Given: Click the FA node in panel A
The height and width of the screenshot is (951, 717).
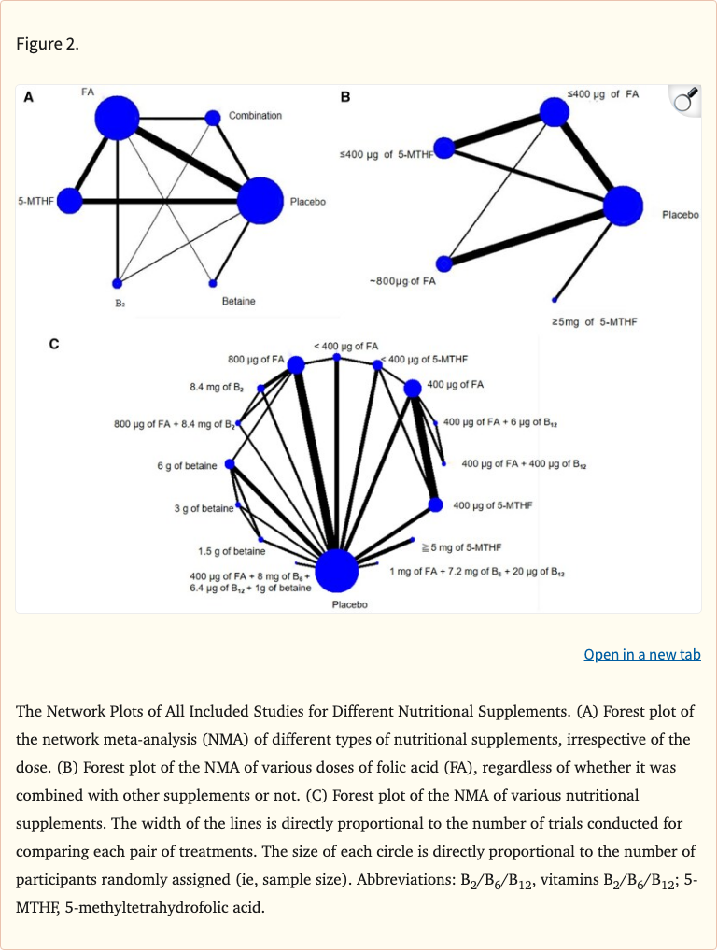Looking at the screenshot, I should point(117,118).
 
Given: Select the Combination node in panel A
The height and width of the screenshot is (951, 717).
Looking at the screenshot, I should point(213,117).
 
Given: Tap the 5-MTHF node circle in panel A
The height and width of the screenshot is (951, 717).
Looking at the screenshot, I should point(70,200).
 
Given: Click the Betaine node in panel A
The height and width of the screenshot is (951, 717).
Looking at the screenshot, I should point(213,282).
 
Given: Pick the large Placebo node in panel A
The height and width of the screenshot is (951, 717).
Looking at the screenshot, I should point(260,201).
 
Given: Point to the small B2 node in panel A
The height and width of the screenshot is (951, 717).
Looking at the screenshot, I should point(117,283).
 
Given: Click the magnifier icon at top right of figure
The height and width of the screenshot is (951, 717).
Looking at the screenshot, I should point(685,101).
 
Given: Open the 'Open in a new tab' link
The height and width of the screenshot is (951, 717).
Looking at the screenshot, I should point(641,654).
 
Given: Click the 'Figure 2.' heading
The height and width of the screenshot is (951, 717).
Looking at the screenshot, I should point(47,44).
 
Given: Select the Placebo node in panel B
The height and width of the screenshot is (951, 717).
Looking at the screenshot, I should point(624,206).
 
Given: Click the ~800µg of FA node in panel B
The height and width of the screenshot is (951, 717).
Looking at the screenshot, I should point(444,264).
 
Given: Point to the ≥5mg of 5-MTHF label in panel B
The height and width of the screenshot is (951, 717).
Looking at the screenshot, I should point(592,322).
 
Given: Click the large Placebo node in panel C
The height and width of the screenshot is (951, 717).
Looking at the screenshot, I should point(336,570).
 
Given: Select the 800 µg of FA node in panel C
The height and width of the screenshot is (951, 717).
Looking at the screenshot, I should point(296,364).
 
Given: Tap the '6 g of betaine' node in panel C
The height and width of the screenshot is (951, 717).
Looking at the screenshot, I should point(230,464).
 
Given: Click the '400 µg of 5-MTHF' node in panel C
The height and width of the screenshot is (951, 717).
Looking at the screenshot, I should point(435,504).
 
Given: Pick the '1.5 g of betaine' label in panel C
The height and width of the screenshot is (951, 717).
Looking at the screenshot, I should point(231,551).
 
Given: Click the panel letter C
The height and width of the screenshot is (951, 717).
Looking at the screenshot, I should point(54,345).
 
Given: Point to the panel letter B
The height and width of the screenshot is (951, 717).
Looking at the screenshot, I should point(345,96).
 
